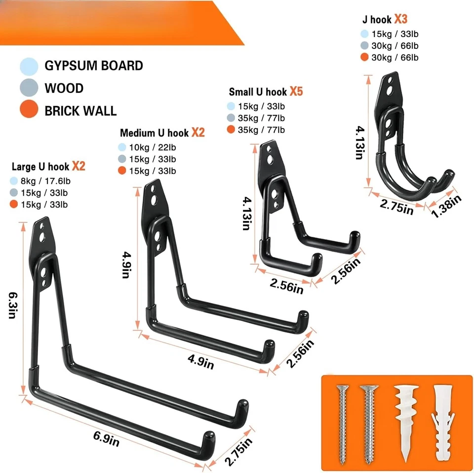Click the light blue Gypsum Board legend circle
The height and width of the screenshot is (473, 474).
29,66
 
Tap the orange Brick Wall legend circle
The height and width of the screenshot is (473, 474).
29,110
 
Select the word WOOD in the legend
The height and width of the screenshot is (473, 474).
64,88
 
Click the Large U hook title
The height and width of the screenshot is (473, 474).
41,167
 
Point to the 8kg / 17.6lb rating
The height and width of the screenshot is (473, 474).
47,181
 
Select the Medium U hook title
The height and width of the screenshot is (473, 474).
154,133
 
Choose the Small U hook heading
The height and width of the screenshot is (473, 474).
258,92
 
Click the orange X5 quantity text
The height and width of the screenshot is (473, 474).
296,91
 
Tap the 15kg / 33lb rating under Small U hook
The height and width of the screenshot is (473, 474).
262,106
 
